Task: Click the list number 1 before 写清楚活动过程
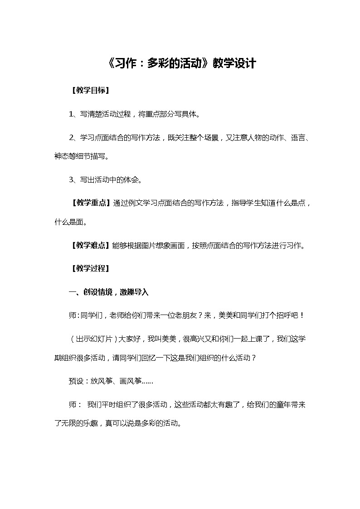pyautogui.click(x=71, y=114)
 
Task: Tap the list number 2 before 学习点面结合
pyautogui.click(x=71, y=137)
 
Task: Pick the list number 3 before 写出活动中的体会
pyautogui.click(x=71, y=179)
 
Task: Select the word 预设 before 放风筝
pyautogui.click(x=76, y=381)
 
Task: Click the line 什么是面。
pyautogui.click(x=70, y=223)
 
